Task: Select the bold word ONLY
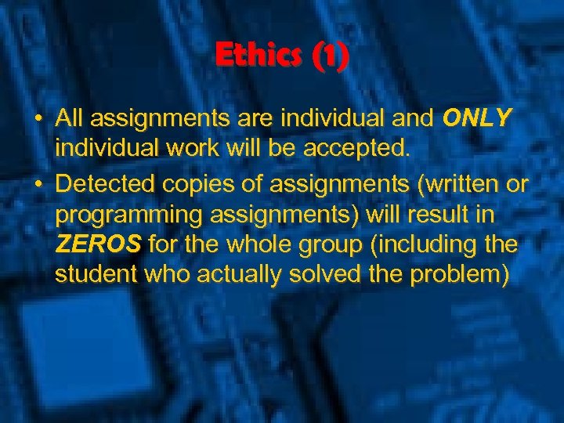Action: pos(476,118)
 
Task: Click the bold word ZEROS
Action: pos(98,245)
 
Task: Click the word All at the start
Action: pos(70,118)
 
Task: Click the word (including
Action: pos(429,245)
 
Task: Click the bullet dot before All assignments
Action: pos(38,119)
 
